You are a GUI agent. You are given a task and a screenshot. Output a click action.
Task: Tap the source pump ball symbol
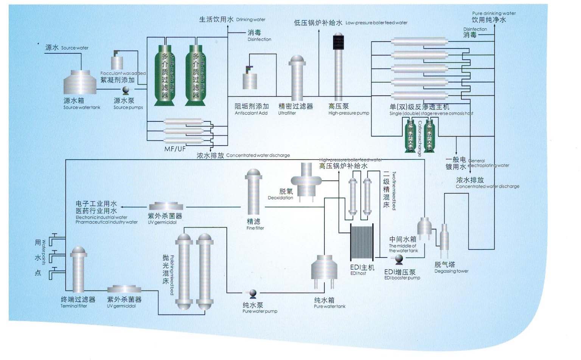coord(126,90)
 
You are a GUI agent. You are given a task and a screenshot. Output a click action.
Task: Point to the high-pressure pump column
coord(338,68)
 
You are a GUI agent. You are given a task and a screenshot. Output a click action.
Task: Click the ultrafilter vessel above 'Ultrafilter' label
coord(297,78)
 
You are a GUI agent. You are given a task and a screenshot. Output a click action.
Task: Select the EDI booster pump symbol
coord(399,259)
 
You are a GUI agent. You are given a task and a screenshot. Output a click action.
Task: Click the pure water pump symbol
coord(253,293)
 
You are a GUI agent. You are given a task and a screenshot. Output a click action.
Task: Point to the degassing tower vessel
coord(444,237)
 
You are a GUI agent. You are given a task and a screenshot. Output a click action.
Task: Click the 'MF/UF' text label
coord(175,149)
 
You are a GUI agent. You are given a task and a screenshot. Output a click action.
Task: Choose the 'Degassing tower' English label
coord(451,271)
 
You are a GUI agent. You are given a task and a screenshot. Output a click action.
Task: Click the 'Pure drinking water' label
coord(494,13)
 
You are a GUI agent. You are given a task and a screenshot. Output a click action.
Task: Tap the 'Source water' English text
coord(75,48)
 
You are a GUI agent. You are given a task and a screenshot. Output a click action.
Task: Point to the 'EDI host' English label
coord(358,273)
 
